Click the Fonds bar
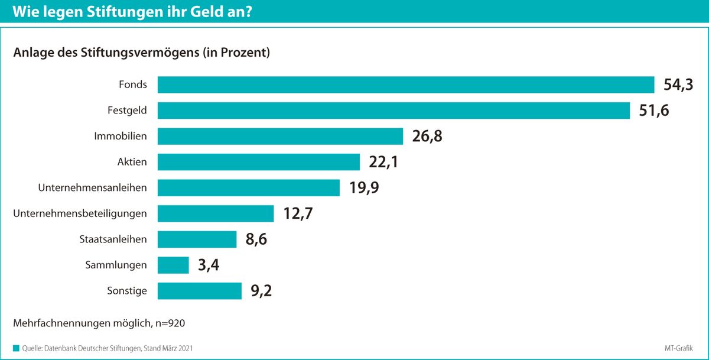pyautogui.click(x=406, y=85)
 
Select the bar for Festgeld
pyautogui.click(x=393, y=111)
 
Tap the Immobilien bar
pyautogui.click(x=280, y=136)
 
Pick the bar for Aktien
pyautogui.click(x=259, y=162)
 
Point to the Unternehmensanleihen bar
pyautogui.click(x=249, y=188)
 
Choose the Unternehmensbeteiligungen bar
pyautogui.click(x=216, y=214)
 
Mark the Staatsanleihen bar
pyautogui.click(x=197, y=239)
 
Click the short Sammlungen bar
pyautogui.click(x=173, y=265)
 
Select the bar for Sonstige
pyautogui.click(x=200, y=291)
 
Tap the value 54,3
pyautogui.click(x=678, y=85)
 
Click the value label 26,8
pyautogui.click(x=427, y=137)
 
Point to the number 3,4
pyautogui.click(x=209, y=265)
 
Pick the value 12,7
pyautogui.click(x=298, y=214)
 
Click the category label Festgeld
pyautogui.click(x=127, y=111)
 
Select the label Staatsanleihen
pyautogui.click(x=113, y=239)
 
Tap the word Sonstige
pyautogui.click(x=127, y=291)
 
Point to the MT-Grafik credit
pyautogui.click(x=679, y=348)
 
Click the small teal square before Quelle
pyautogui.click(x=16, y=348)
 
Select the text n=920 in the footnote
pyautogui.click(x=170, y=323)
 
